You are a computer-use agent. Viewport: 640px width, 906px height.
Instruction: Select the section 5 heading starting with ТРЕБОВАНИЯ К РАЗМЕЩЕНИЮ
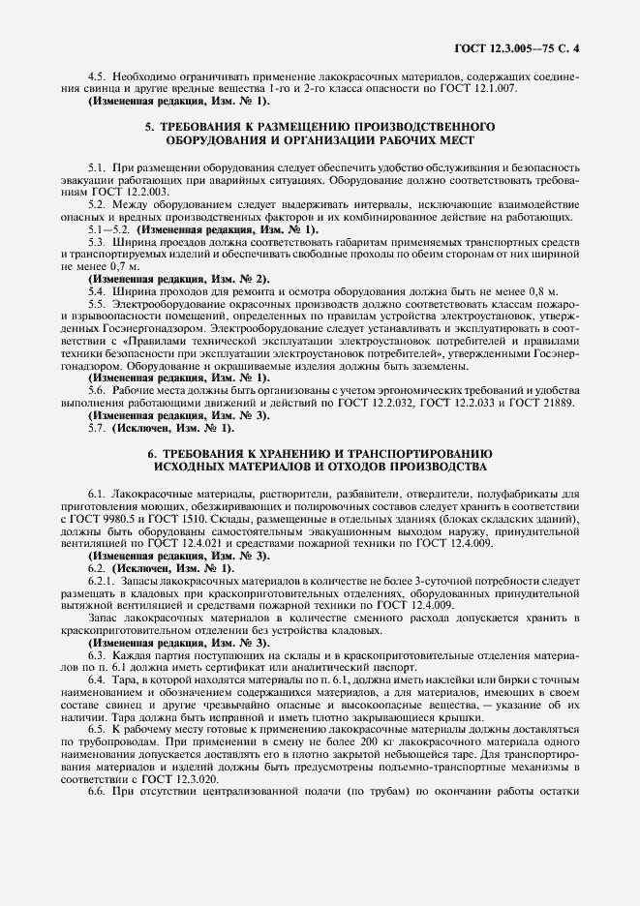[x=319, y=133]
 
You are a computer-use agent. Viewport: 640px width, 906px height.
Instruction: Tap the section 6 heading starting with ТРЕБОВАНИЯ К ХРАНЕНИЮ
[x=319, y=460]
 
